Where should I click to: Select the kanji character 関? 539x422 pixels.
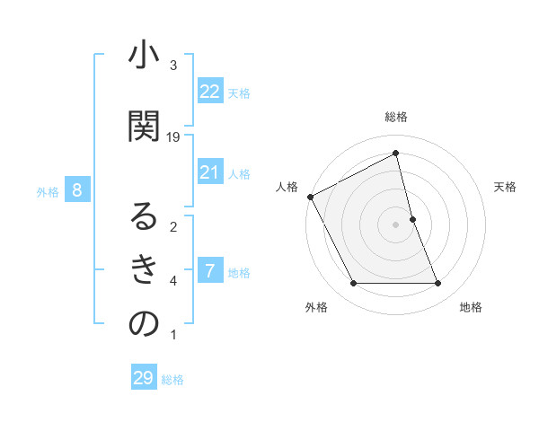tap(144, 127)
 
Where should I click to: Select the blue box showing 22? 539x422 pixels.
tap(209, 91)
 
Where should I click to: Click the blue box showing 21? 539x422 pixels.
tap(209, 172)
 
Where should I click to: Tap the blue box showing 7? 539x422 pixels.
tap(209, 271)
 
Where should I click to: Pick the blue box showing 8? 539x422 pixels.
tap(78, 189)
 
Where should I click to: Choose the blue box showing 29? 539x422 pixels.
tap(144, 378)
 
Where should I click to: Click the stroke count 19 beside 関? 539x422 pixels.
tap(173, 136)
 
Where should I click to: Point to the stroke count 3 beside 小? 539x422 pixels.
tap(173, 66)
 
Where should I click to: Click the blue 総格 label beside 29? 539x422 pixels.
tap(172, 380)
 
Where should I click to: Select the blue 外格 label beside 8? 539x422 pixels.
tap(48, 191)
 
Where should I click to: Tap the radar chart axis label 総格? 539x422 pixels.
tap(396, 118)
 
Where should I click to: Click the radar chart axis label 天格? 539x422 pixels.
tap(506, 187)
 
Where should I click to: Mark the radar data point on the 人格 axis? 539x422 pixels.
tap(310, 197)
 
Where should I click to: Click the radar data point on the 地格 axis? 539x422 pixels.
tap(437, 284)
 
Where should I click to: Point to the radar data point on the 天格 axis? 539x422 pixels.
tap(412, 219)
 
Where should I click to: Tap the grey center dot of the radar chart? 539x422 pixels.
tap(396, 224)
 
